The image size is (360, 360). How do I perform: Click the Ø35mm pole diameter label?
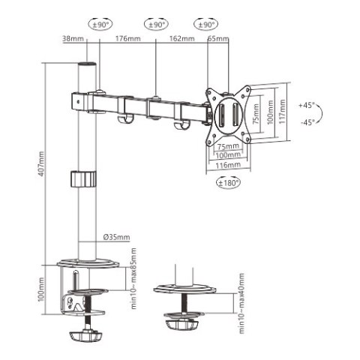(113, 238)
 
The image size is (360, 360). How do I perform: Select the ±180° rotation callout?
(229, 182)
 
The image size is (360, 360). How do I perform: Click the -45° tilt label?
(307, 121)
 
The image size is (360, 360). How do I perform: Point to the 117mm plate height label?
(281, 112)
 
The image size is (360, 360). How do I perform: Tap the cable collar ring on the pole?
(84, 179)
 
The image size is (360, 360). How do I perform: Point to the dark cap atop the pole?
(88, 67)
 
